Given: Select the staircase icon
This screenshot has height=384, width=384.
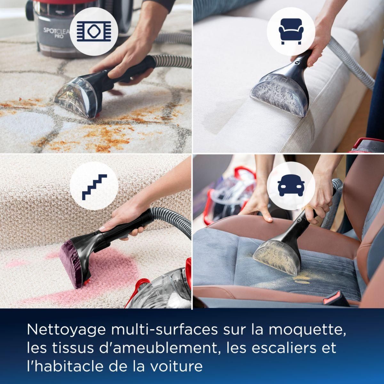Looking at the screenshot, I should click(x=94, y=186).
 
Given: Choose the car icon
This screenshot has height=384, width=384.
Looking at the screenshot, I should click(x=291, y=186).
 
